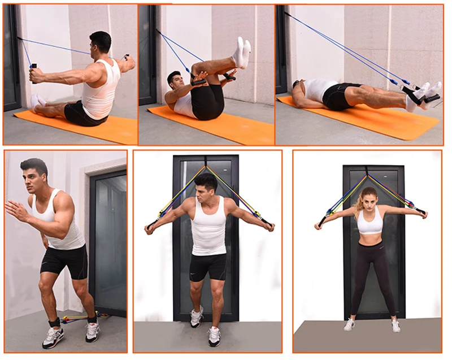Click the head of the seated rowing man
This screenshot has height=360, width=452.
[x=101, y=43]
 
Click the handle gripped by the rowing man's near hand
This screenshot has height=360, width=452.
[x=34, y=73]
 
